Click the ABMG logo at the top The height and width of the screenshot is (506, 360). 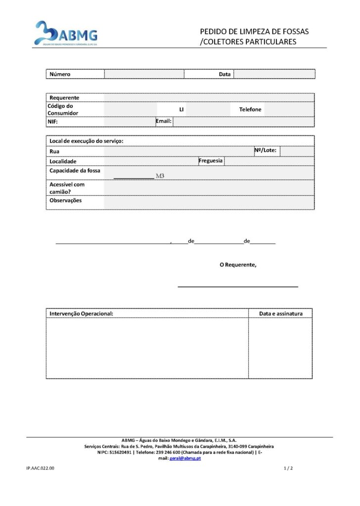pos(65,34)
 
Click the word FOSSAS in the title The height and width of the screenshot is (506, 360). pos(295,32)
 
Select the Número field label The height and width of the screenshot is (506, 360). pos(60,74)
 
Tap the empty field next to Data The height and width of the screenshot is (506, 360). pos(274,74)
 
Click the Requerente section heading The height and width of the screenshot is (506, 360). pos(64,97)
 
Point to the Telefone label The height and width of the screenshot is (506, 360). pos(250,109)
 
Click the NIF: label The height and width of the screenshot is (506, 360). pos(53,122)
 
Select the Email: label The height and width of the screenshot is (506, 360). pos(164,121)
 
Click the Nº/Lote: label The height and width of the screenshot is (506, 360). pos(266,150)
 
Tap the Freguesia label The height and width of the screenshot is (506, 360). pos(211,161)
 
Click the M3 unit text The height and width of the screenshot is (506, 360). pos(160,175)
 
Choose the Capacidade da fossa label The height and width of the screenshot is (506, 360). pos(75,170)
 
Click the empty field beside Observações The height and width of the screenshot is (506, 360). pos(209,202)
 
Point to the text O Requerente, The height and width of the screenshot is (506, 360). pos(238,265)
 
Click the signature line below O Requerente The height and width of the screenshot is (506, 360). pos(238,286)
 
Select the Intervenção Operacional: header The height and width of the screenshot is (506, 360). pos(82,314)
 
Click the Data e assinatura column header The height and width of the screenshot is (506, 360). pos(280,314)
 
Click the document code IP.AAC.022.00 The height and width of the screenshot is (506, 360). pos(41,468)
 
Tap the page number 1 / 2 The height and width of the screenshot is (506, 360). pos(288,468)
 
